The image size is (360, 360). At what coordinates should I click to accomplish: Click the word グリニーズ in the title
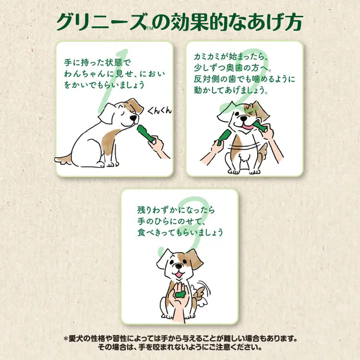(101, 22)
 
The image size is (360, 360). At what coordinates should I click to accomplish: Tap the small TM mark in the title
(150, 29)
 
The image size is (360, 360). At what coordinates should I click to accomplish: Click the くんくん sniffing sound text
(159, 111)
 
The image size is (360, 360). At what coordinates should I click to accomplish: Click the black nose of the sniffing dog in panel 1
(133, 118)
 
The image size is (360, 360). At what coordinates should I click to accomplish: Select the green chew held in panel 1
(145, 133)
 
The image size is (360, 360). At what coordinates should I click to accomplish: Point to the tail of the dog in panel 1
(63, 159)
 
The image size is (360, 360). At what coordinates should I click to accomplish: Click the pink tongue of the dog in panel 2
(248, 127)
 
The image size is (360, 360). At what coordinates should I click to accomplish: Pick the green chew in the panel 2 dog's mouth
(260, 127)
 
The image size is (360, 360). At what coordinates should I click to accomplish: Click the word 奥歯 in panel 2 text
(232, 68)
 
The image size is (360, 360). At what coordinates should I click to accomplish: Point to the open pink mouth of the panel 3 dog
(179, 275)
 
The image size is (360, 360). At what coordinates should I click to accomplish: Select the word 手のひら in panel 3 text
(153, 221)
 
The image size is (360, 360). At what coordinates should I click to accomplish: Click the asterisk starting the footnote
(66, 339)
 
